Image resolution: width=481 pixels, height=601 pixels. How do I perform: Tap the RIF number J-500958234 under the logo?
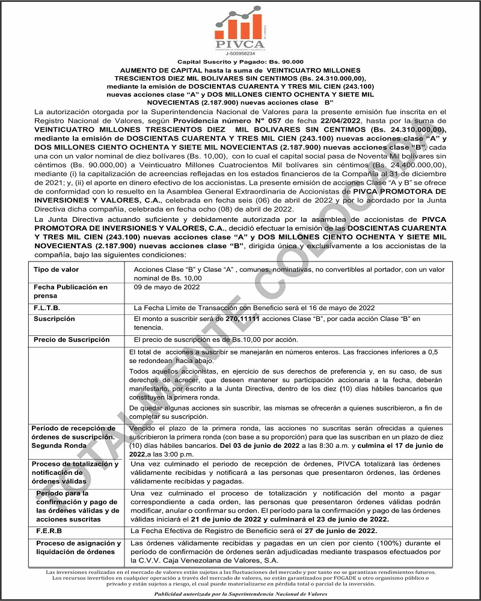(x=240, y=53)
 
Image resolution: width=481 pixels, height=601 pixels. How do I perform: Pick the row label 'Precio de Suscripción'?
(x=72, y=340)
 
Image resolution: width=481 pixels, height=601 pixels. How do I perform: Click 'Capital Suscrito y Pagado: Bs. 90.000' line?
(x=240, y=62)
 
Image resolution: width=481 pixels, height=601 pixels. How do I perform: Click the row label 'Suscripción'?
(x=55, y=319)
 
